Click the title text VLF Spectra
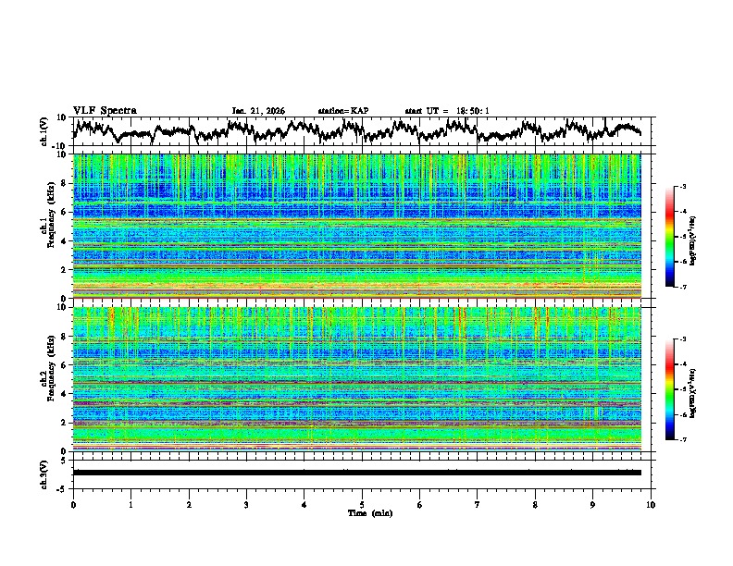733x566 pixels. click(105, 110)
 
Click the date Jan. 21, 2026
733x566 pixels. click(258, 111)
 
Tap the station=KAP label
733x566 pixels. click(342, 111)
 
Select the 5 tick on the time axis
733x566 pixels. click(362, 504)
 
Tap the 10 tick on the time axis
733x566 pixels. click(651, 504)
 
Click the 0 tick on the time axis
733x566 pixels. click(73, 504)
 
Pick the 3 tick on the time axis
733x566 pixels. click(246, 504)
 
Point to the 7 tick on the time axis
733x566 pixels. click(478, 504)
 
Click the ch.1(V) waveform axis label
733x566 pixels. click(44, 131)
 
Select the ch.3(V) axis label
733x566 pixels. click(44, 473)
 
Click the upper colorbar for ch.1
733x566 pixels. click(679, 237)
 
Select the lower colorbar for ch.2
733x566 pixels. click(679, 389)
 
